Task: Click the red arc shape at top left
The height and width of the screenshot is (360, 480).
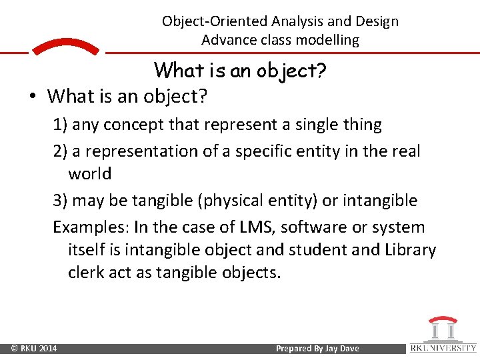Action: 65,47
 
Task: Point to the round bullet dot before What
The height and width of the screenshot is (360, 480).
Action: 32,97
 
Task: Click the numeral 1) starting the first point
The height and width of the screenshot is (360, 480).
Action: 61,125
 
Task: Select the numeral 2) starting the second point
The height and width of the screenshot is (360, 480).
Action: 61,151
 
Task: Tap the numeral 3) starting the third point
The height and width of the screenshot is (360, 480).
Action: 61,201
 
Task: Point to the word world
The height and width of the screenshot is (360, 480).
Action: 89,174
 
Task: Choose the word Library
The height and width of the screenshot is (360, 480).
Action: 408,250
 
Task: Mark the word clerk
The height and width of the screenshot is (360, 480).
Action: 86,273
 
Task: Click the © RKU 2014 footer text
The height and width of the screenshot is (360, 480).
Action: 34,349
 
